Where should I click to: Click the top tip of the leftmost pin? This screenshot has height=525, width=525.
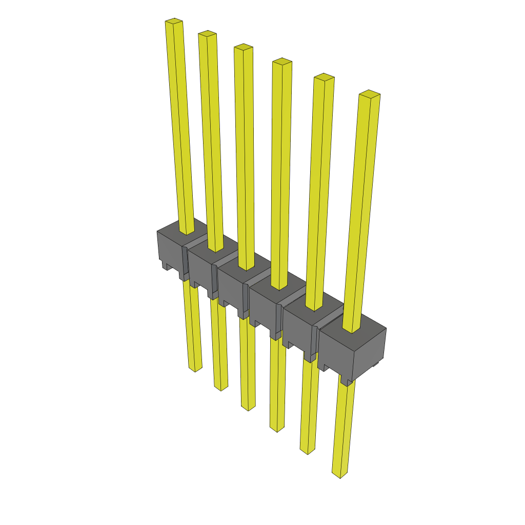click(174, 22)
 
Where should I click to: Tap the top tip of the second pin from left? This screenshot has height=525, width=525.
click(207, 34)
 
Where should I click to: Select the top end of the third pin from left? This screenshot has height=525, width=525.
click(244, 47)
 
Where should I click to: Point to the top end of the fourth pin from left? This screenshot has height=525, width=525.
click(282, 62)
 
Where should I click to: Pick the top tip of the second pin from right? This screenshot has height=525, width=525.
click(324, 77)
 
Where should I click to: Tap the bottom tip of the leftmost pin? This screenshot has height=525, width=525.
click(195, 369)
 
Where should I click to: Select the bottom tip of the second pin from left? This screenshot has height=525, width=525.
click(221, 388)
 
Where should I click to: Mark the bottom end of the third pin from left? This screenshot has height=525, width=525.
click(248, 408)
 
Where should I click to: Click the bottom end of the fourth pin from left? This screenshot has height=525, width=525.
click(277, 429)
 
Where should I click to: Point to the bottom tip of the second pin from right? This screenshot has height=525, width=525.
click(308, 451)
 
